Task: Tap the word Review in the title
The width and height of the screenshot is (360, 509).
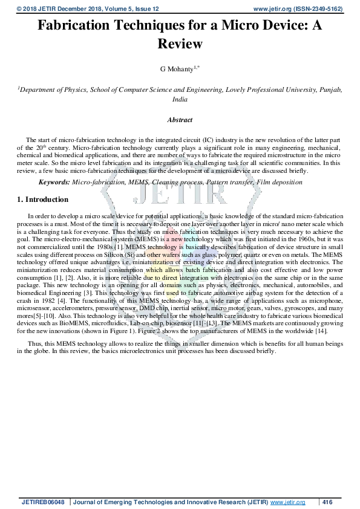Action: [180, 44]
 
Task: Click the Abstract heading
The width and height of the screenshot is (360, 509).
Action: [180, 120]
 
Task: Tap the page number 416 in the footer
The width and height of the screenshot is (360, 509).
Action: [328, 502]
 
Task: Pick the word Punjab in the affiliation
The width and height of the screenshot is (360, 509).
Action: [330, 89]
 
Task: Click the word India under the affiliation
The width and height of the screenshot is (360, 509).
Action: [180, 99]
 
